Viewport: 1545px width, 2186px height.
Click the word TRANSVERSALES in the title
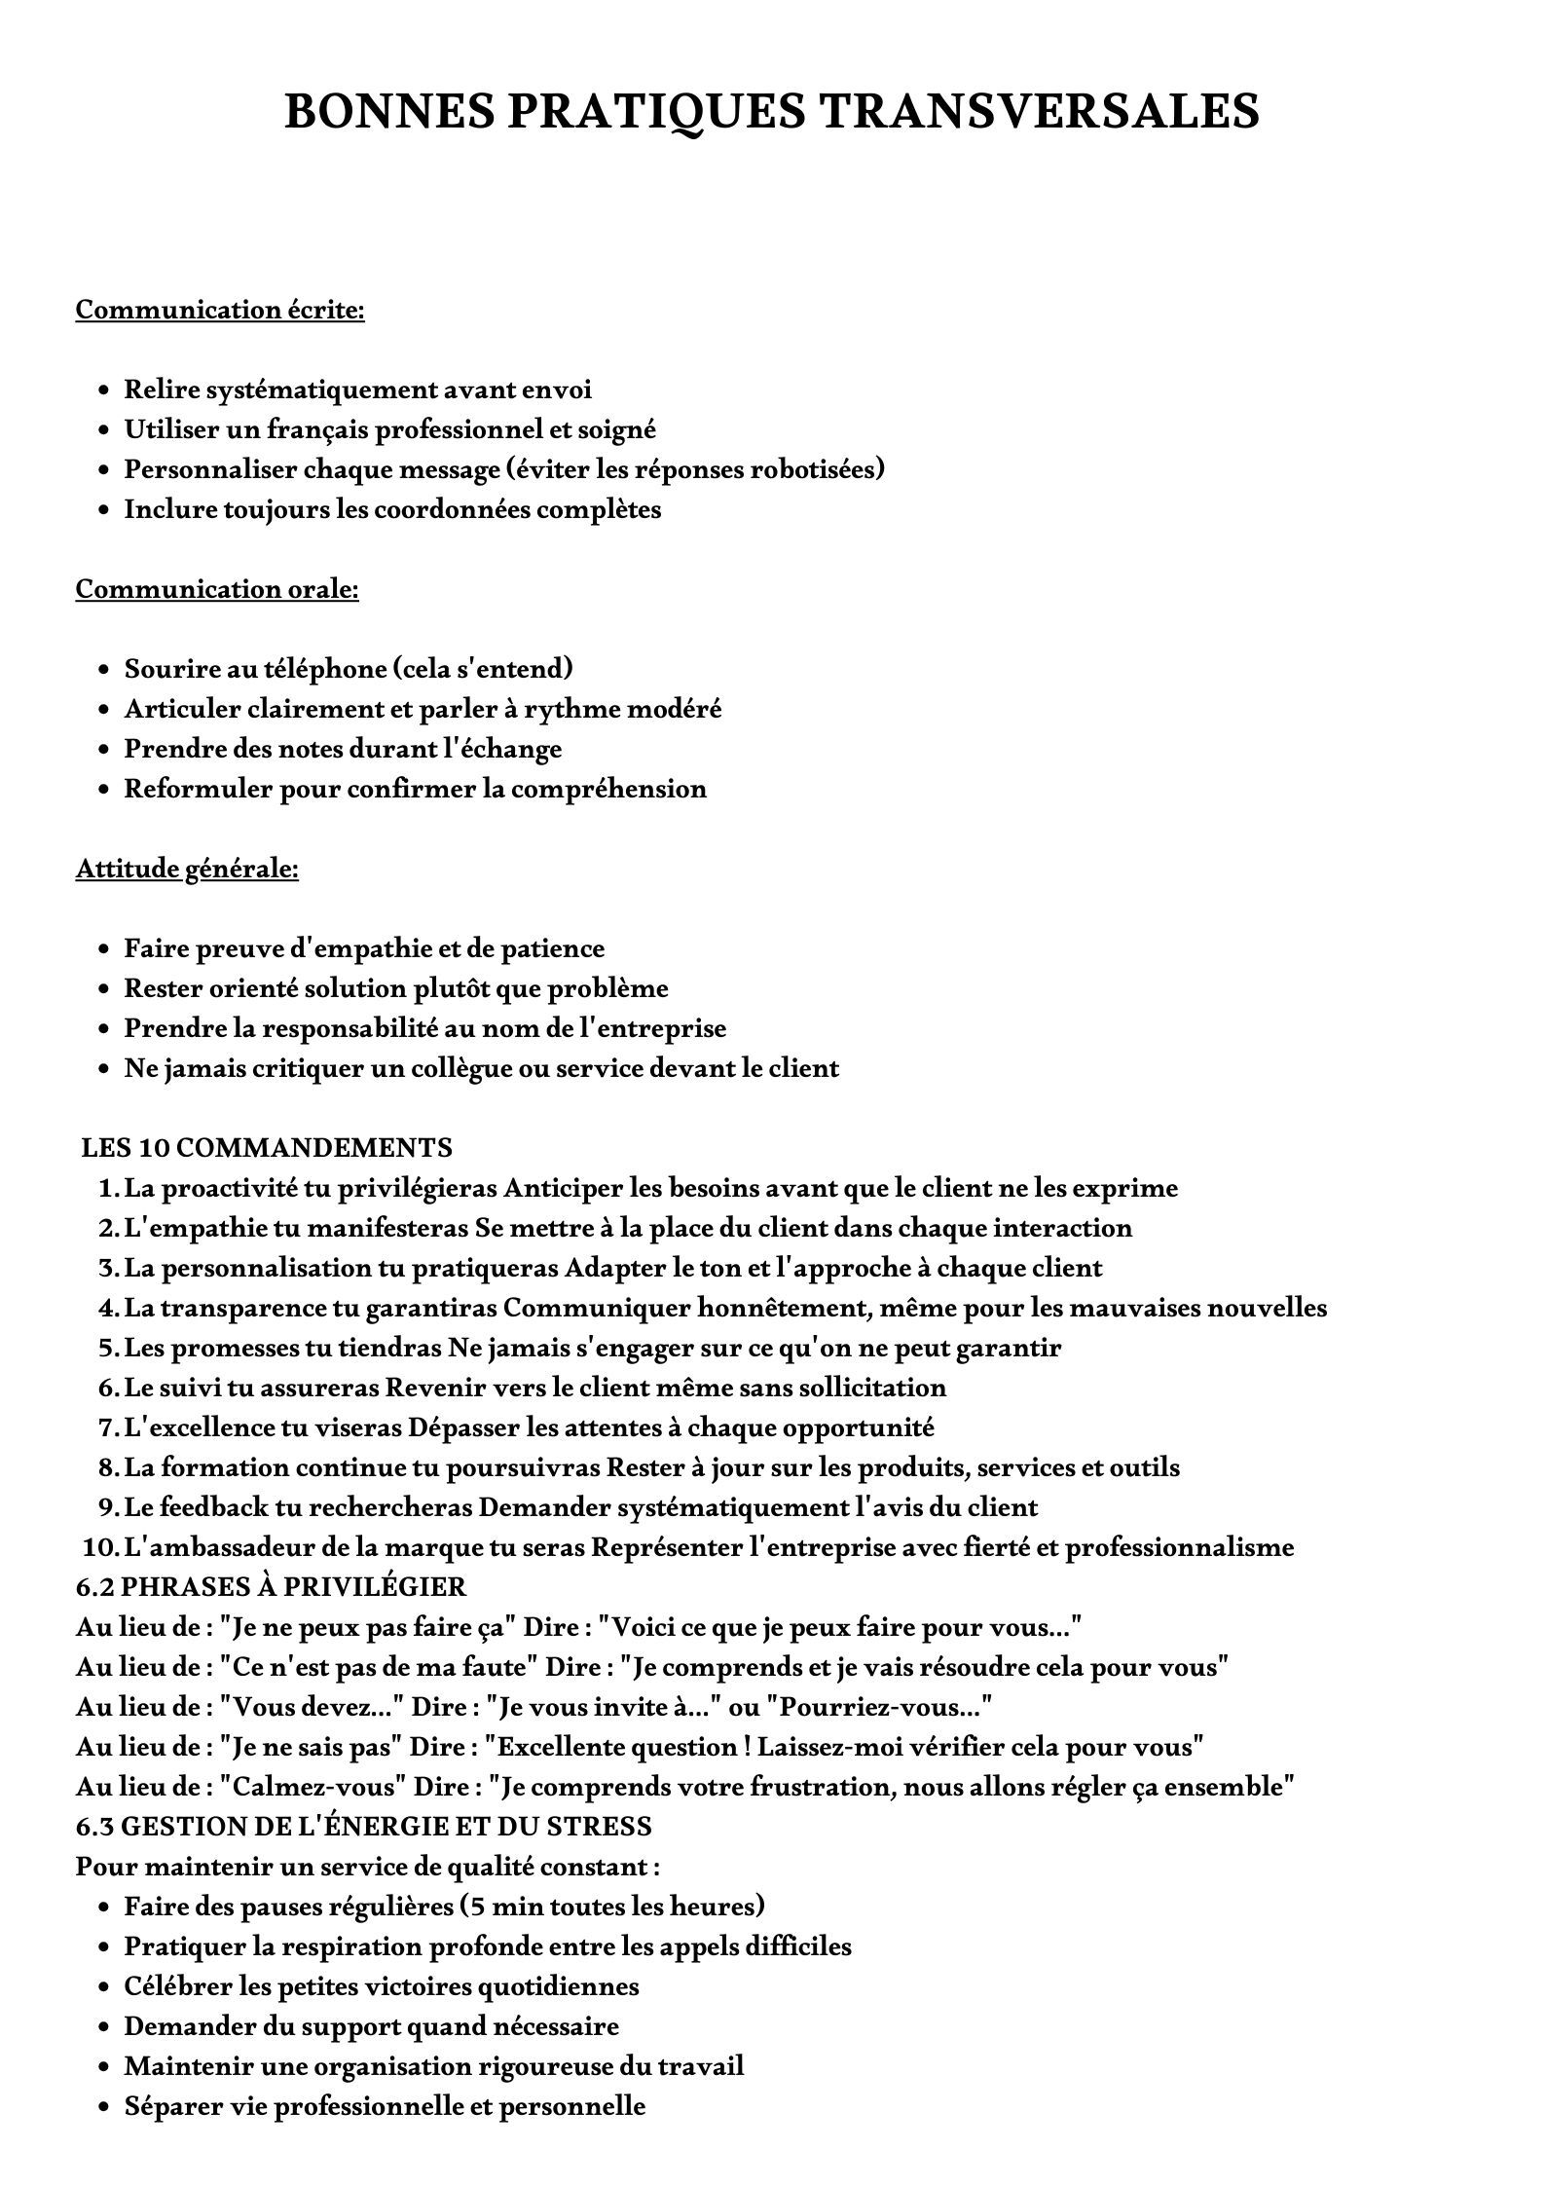tap(1039, 112)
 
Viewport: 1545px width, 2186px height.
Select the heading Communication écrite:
tap(220, 310)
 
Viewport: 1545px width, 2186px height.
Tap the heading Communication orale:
tap(217, 589)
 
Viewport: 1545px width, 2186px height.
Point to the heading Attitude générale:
tap(187, 869)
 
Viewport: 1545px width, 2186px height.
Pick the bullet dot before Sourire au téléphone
tap(103, 670)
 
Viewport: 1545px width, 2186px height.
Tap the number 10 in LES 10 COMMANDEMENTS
tap(155, 1148)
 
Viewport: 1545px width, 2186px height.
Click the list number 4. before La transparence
tap(108, 1308)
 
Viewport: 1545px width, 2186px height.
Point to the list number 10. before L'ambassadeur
tap(100, 1547)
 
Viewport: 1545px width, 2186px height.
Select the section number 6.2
tap(94, 1587)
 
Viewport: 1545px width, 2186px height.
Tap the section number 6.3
tap(94, 1827)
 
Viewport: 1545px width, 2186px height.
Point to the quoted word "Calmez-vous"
tap(313, 1787)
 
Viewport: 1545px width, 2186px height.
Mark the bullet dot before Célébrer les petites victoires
tap(103, 1987)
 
